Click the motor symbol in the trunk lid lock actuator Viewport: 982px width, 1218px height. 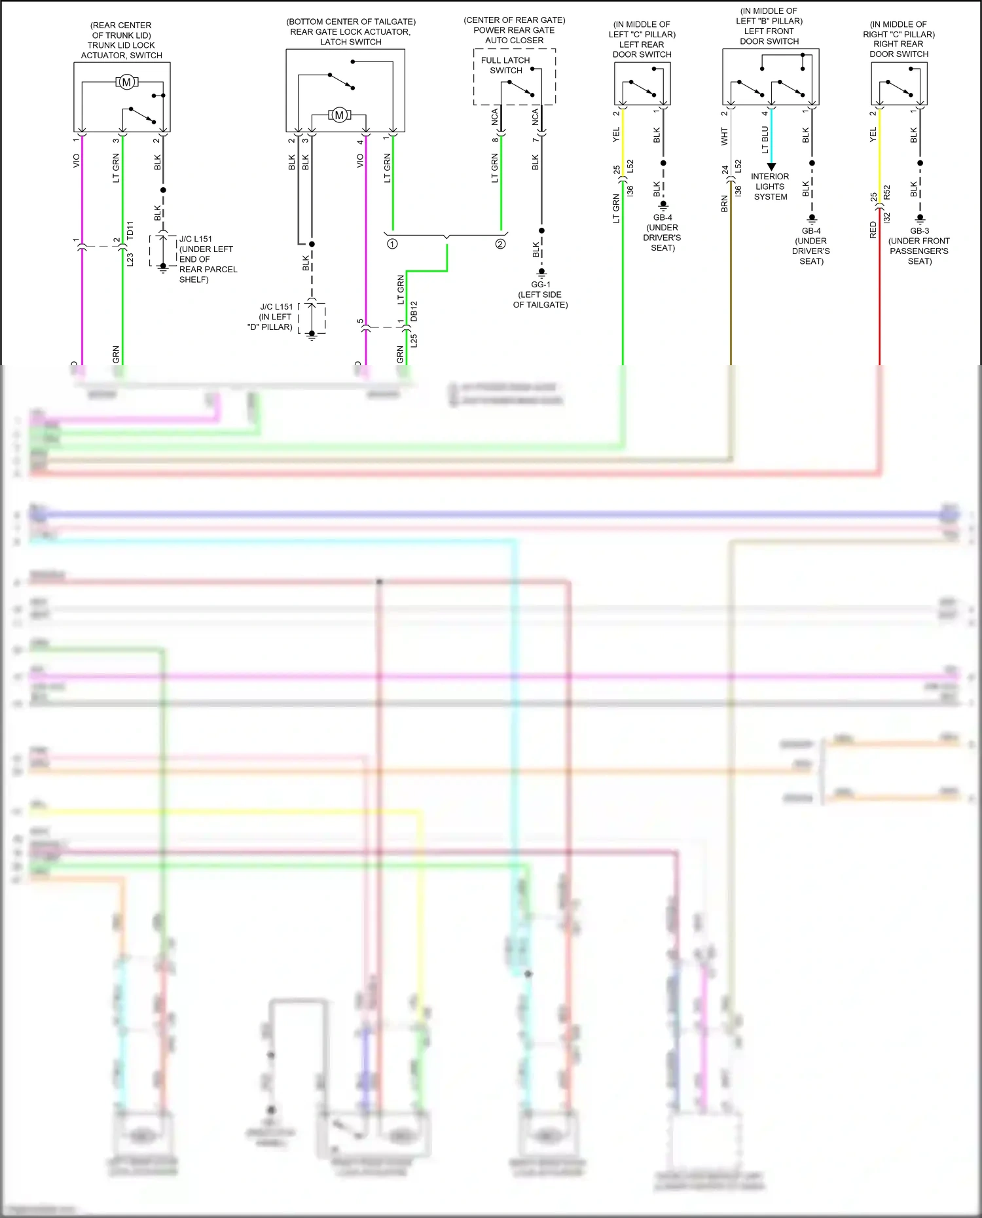pyautogui.click(x=126, y=82)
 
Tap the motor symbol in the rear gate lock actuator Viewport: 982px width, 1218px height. pyautogui.click(x=339, y=115)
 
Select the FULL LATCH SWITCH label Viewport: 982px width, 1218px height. pyautogui.click(x=505, y=65)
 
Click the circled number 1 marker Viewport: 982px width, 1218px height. pyautogui.click(x=392, y=244)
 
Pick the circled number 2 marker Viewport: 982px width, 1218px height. pyautogui.click(x=500, y=244)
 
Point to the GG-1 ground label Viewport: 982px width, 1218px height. pyautogui.click(x=541, y=285)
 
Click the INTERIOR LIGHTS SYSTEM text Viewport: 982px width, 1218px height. pyautogui.click(x=770, y=187)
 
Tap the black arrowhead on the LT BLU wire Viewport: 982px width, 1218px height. pyautogui.click(x=771, y=167)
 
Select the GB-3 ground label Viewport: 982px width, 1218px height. pyautogui.click(x=919, y=231)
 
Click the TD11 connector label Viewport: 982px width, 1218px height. pyautogui.click(x=130, y=230)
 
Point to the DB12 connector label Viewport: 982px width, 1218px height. pyautogui.click(x=414, y=311)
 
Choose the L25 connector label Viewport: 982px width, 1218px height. pyautogui.click(x=414, y=340)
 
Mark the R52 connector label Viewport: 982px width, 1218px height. pyautogui.click(x=887, y=192)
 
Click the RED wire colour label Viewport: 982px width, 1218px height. pyautogui.click(x=873, y=230)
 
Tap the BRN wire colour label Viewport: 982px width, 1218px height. pyautogui.click(x=725, y=204)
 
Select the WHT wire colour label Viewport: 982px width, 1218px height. pyautogui.click(x=725, y=136)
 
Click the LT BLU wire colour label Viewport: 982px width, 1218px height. pyautogui.click(x=765, y=140)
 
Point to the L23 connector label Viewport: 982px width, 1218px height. pyautogui.click(x=130, y=260)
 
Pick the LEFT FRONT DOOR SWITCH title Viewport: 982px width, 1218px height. pyautogui.click(x=769, y=36)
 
